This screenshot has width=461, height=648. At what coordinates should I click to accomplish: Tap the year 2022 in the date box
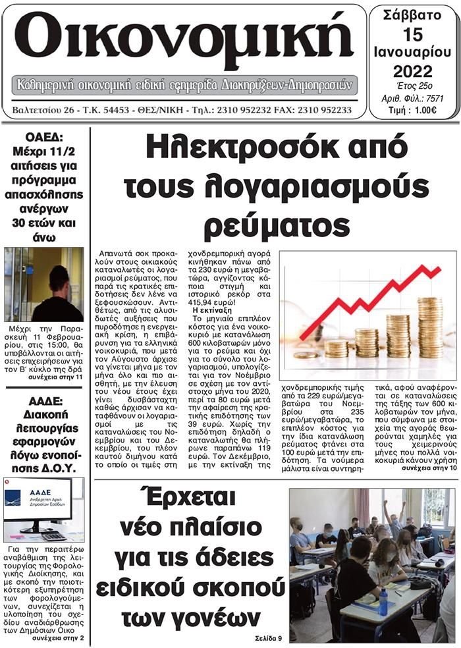(413, 71)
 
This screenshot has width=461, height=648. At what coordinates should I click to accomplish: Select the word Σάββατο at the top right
(412, 14)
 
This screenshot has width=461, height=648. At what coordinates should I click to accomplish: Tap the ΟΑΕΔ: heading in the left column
(44, 138)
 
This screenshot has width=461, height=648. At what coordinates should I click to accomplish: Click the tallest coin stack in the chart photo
(429, 327)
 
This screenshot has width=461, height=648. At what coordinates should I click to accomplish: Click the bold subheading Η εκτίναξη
(209, 309)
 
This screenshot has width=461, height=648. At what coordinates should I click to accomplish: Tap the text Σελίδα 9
(268, 638)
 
